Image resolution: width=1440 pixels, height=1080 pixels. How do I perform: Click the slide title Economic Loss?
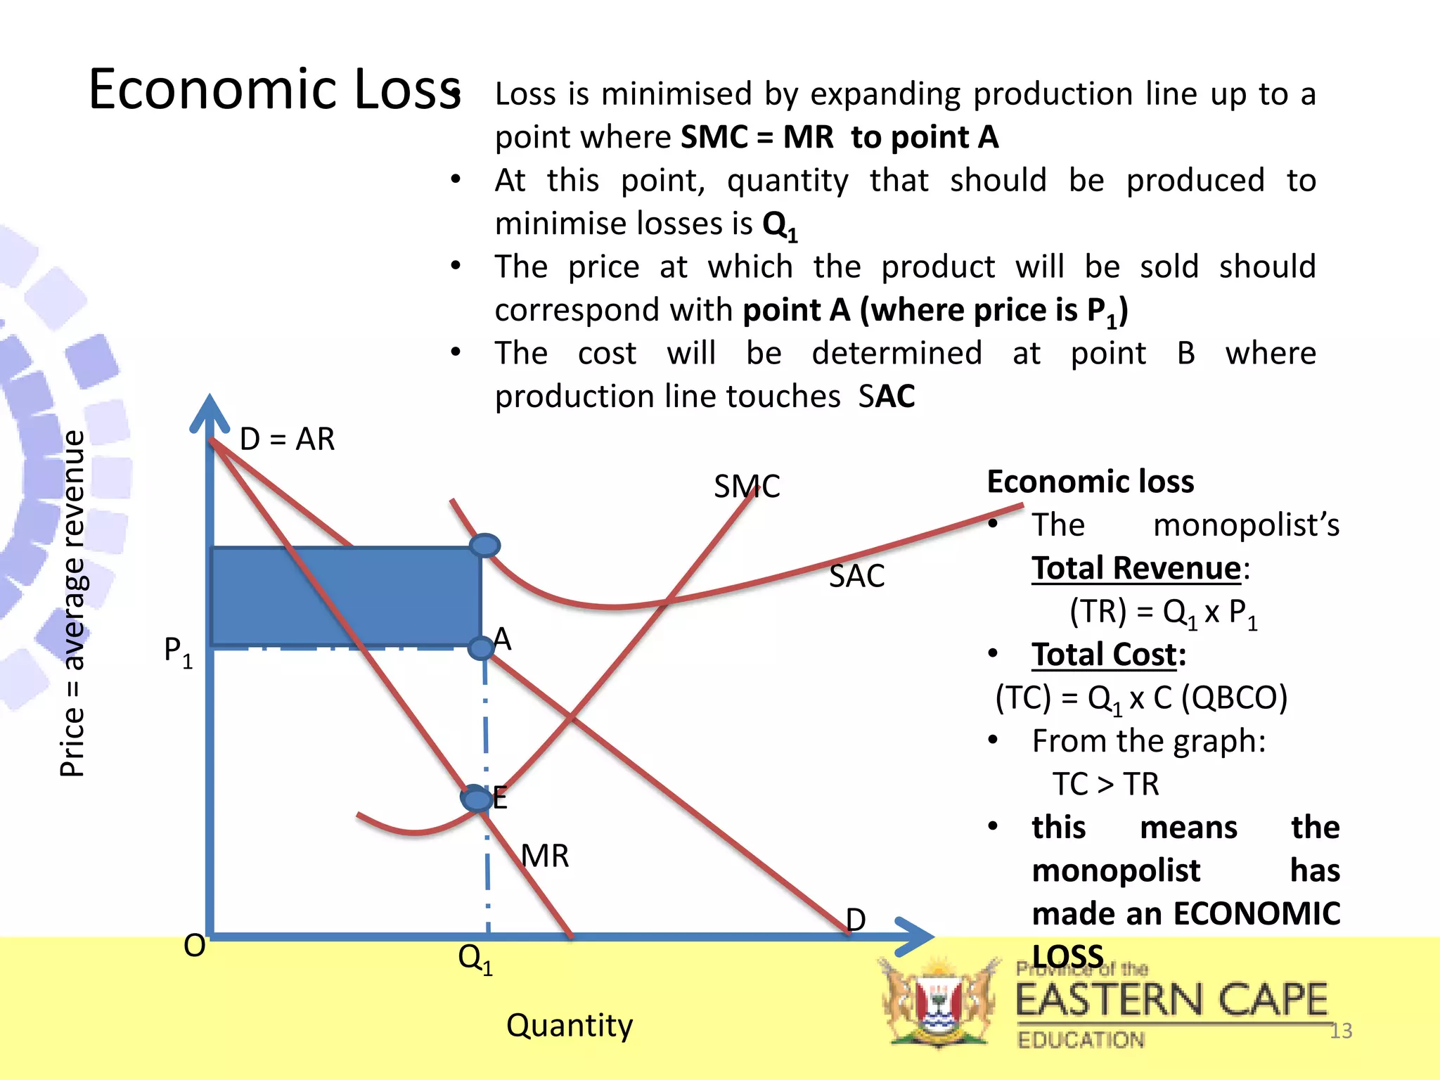pyautogui.click(x=274, y=90)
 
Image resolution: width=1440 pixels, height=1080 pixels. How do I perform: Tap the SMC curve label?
pyautogui.click(x=747, y=487)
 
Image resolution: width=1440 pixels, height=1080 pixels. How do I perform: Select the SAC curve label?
pyautogui.click(x=856, y=577)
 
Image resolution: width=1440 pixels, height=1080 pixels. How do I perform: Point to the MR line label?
pyautogui.click(x=545, y=856)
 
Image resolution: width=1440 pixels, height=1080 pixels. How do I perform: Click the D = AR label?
pyautogui.click(x=287, y=439)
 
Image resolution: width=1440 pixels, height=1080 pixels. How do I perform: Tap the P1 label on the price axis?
pyautogui.click(x=178, y=652)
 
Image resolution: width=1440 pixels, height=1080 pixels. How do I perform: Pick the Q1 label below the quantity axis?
pyautogui.click(x=475, y=959)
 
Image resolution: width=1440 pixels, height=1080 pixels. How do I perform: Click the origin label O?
pyautogui.click(x=195, y=946)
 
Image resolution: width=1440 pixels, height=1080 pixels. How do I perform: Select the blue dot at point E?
pyautogui.click(x=476, y=799)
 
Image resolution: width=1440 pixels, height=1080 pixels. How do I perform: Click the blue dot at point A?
pyautogui.click(x=482, y=648)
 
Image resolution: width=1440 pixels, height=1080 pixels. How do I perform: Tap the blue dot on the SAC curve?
pyautogui.click(x=484, y=546)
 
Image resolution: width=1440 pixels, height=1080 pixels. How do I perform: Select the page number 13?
pyautogui.click(x=1341, y=1031)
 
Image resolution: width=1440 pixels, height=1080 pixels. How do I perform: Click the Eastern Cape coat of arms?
pyautogui.click(x=939, y=1003)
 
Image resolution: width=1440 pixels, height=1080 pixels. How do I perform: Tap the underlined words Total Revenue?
pyautogui.click(x=1136, y=568)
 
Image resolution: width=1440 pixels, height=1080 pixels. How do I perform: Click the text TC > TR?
pyautogui.click(x=1105, y=784)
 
